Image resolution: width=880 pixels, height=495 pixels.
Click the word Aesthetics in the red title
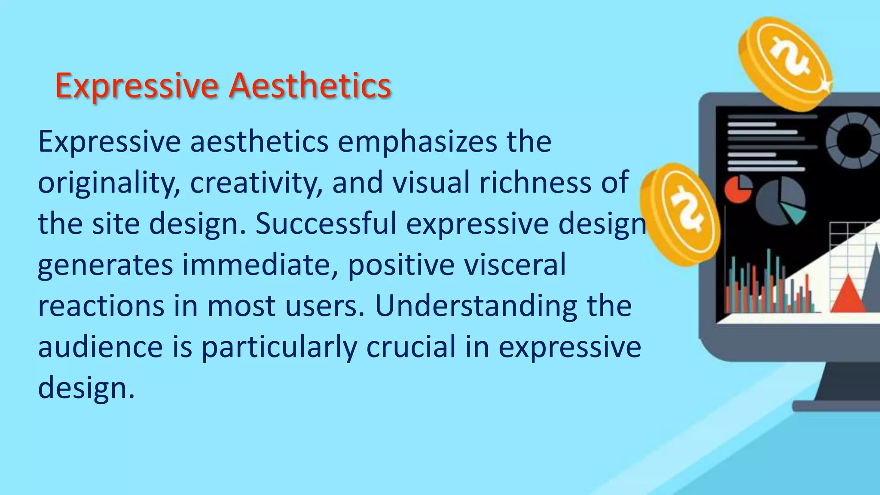310,86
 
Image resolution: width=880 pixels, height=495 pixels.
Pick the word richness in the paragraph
535,182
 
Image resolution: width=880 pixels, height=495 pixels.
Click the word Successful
326,223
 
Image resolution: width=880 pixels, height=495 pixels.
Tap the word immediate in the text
260,265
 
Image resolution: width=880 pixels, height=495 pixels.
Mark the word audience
101,347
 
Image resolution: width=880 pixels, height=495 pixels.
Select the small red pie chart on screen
738,189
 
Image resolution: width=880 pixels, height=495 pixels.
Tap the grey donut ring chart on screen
853,140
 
